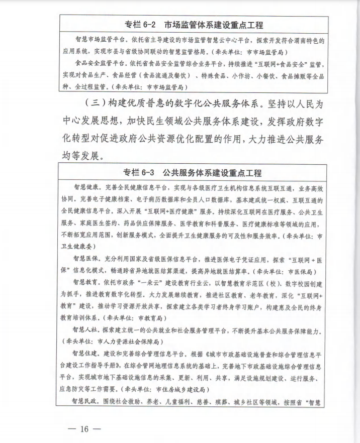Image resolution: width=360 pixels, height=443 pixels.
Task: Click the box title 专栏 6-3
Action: tap(141, 173)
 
